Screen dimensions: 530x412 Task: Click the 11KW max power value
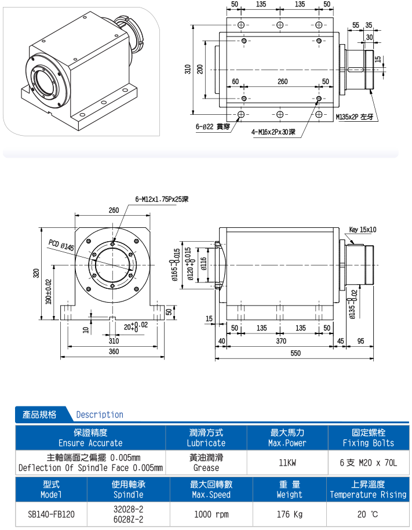[x=287, y=463]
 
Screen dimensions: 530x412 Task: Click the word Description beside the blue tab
[x=100, y=415]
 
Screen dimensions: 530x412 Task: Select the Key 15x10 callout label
[x=363, y=230]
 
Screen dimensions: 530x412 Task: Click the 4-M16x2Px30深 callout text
[x=274, y=132]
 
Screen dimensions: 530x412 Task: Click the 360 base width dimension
[x=114, y=351]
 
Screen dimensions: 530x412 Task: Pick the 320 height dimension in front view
[x=36, y=273]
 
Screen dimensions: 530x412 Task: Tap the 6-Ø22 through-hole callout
[x=214, y=125]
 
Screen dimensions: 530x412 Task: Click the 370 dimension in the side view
[x=280, y=342]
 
